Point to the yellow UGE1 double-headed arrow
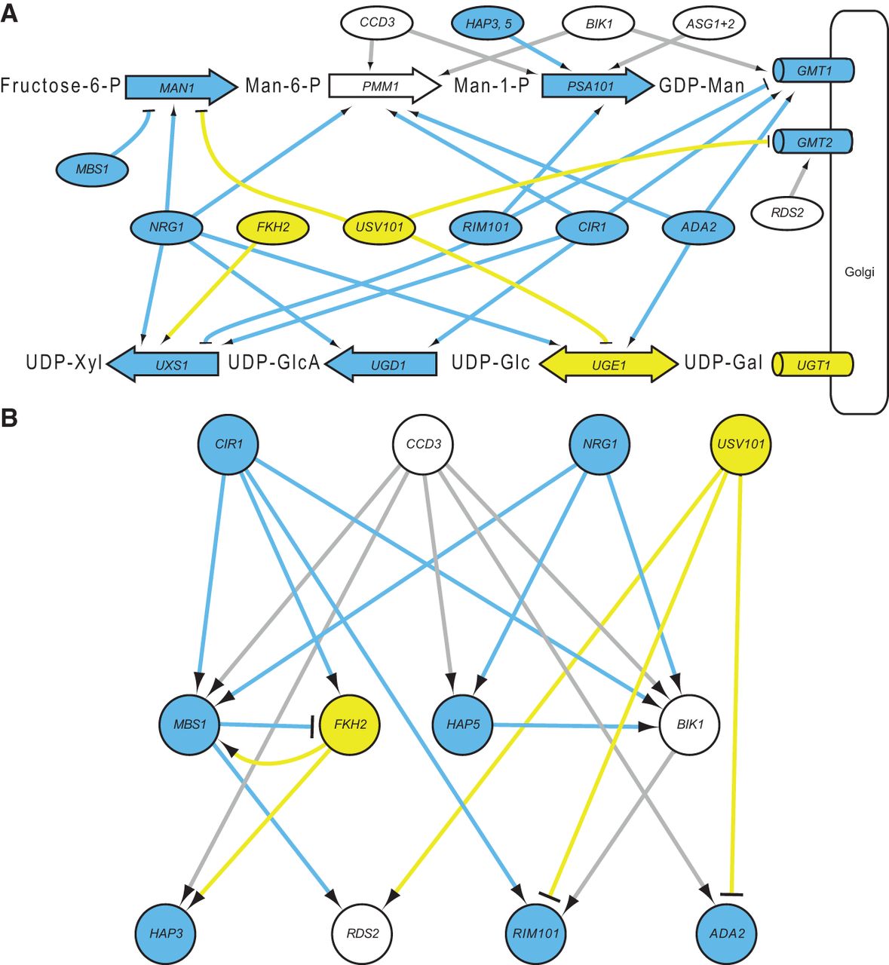pyautogui.click(x=608, y=364)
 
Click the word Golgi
pyautogui.click(x=860, y=272)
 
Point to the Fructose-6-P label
pyautogui.click(x=60, y=87)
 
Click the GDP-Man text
pyautogui.click(x=701, y=87)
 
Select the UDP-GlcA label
pyautogui.click(x=274, y=364)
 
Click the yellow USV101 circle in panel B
pyautogui.click(x=743, y=444)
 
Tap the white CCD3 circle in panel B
pyautogui.click(x=423, y=444)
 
